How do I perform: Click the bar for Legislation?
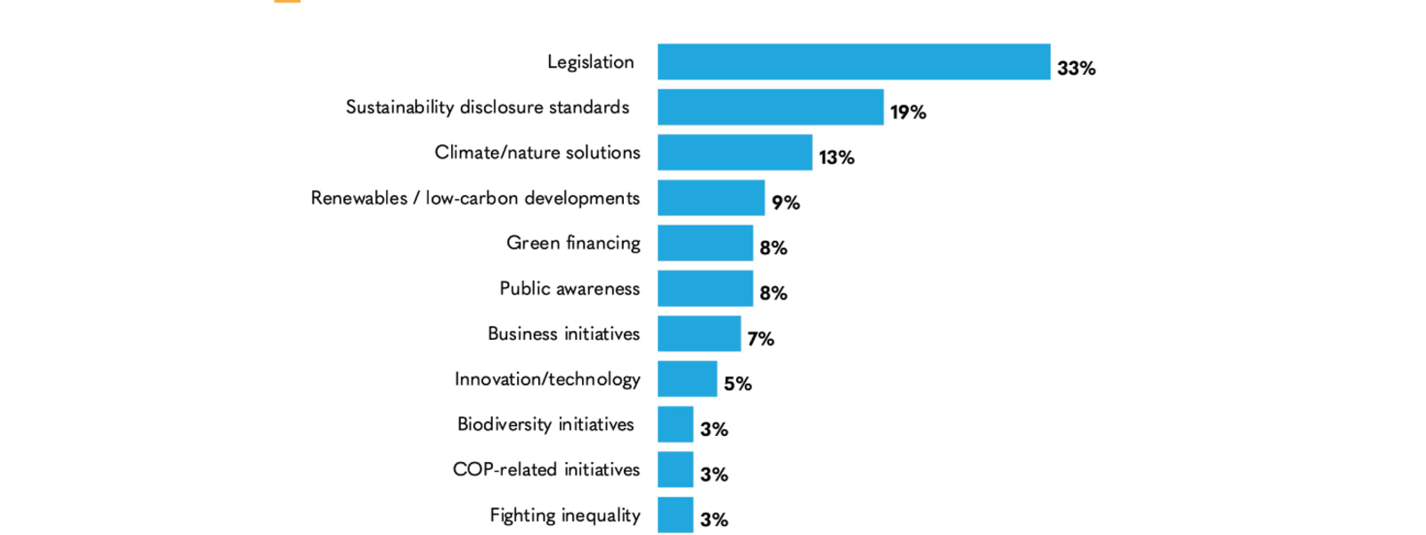(x=854, y=62)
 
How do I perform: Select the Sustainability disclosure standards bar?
(x=770, y=107)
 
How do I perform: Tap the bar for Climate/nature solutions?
(x=734, y=152)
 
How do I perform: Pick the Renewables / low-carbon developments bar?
(x=710, y=198)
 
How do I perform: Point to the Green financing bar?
(x=705, y=243)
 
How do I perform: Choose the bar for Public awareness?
(x=705, y=288)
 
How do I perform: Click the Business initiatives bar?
(x=699, y=333)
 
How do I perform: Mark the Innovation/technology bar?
(x=687, y=379)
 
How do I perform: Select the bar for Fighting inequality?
(x=675, y=514)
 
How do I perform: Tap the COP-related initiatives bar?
(x=675, y=469)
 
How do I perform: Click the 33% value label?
(x=1076, y=69)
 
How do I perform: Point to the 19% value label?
(x=907, y=112)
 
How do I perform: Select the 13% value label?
(x=836, y=158)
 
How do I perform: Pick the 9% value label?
(x=785, y=203)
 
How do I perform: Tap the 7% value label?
(x=760, y=339)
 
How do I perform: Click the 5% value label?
(x=737, y=384)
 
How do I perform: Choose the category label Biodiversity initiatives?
(x=545, y=424)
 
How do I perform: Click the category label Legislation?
(x=590, y=62)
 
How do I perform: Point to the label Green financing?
(x=573, y=243)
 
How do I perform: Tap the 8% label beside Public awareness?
(x=773, y=293)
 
